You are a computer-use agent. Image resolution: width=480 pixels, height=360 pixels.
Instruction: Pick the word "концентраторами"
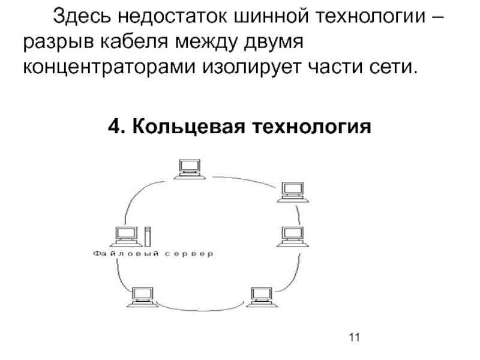(x=108, y=67)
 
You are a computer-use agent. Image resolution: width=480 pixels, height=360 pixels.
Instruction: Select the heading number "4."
(x=118, y=127)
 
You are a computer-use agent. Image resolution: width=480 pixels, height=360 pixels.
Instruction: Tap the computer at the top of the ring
(x=190, y=169)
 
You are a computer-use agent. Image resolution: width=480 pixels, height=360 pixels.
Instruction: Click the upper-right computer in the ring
(x=293, y=191)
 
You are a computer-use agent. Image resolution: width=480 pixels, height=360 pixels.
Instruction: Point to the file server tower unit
(x=147, y=236)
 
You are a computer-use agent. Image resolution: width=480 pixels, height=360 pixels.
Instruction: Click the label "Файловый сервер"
(x=152, y=254)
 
